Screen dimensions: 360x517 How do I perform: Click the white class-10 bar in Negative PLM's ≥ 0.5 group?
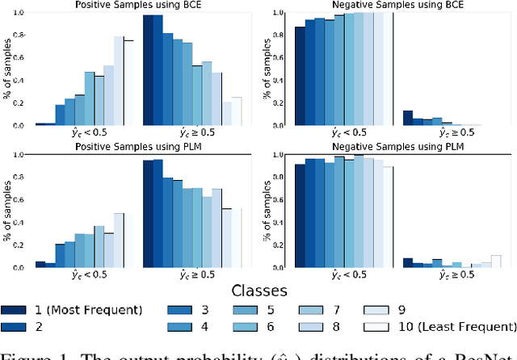(x=496, y=261)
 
